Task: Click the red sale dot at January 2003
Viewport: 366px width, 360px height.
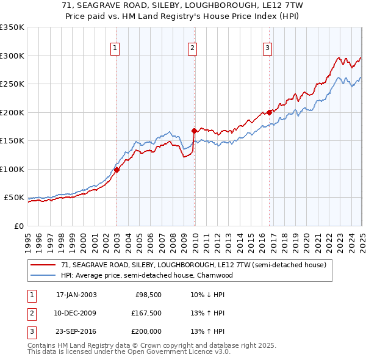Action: (x=117, y=170)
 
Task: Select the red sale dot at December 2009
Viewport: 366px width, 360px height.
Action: (x=194, y=131)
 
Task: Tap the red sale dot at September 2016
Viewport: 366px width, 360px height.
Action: (x=270, y=112)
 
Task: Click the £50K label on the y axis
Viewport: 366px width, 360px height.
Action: (x=14, y=198)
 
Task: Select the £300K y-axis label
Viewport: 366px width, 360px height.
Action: (x=12, y=56)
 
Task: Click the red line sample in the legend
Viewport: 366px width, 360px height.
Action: (x=43, y=265)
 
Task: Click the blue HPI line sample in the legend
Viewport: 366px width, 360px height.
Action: (x=43, y=275)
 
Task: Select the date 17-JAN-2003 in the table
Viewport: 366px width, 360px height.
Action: (x=76, y=295)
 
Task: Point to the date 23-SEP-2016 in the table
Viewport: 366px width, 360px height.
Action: (x=76, y=331)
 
